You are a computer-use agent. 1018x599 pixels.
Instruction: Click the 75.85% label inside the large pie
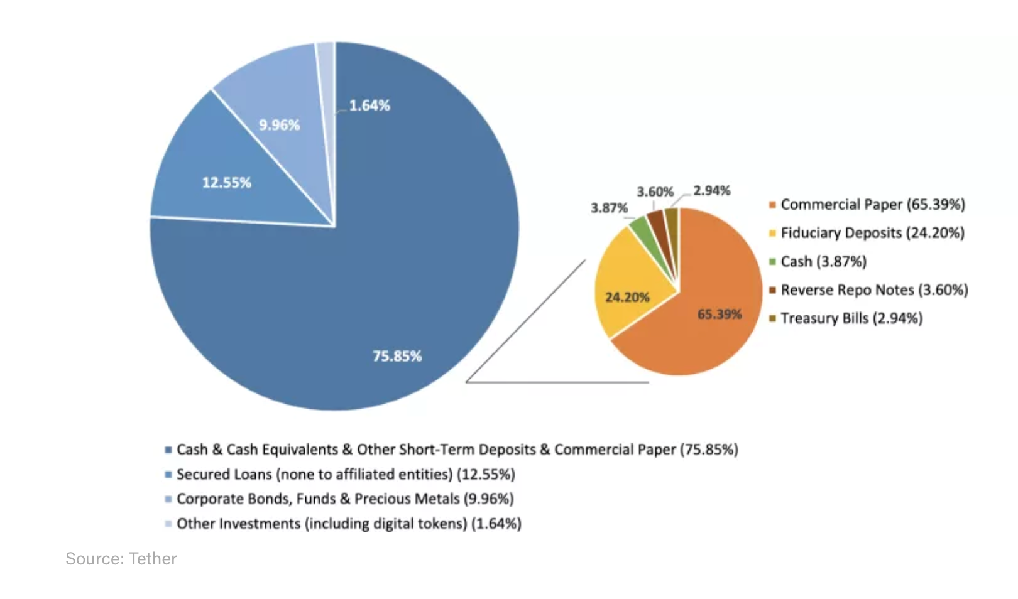[x=397, y=356]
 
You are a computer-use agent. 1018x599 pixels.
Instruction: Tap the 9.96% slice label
[x=279, y=125]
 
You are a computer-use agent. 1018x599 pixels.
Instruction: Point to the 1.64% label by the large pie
[x=369, y=105]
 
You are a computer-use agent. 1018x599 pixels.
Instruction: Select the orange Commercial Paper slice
[x=704, y=326]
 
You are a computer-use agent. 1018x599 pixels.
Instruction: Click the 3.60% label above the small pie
[x=655, y=192]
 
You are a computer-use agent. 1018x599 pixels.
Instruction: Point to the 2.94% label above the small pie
[x=711, y=190]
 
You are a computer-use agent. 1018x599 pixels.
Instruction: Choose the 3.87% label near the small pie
[x=609, y=208]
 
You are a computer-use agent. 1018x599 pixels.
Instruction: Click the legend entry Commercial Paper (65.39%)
[x=872, y=205]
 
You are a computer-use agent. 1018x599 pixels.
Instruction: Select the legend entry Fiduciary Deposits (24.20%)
[x=872, y=233]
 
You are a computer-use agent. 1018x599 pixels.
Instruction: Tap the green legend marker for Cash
[x=772, y=262]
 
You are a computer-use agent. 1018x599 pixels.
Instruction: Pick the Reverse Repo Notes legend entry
[x=873, y=290]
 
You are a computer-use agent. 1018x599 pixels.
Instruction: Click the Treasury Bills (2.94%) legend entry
[x=851, y=318]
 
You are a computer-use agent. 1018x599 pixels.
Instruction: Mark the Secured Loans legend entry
[x=345, y=474]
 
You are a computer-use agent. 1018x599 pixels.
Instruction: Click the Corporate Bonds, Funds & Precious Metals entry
[x=344, y=499]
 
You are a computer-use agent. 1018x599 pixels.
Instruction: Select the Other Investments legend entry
[x=348, y=524]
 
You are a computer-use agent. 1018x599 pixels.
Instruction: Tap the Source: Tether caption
[x=121, y=559]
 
